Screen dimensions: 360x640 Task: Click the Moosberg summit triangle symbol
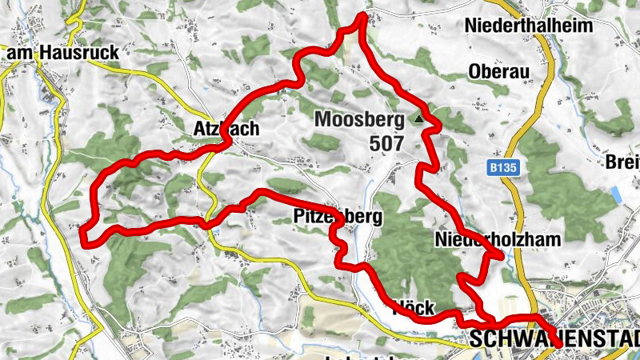418,119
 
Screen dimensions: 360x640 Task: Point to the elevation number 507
386,143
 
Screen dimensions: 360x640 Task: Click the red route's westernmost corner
83,231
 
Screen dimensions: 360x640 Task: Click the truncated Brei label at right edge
623,162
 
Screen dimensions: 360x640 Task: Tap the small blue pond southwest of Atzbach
217,230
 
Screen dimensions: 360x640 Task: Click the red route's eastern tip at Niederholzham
502,254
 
